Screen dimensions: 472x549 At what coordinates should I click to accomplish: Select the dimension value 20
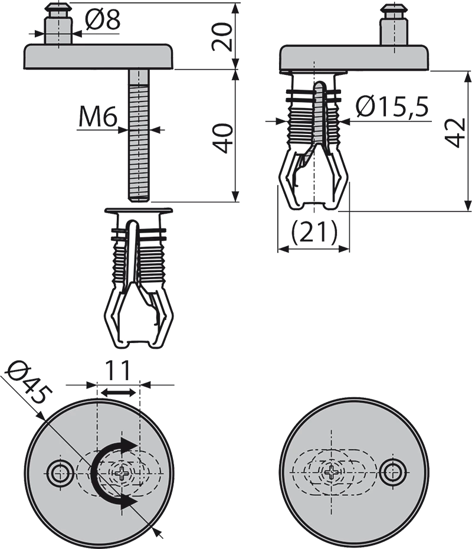point(223,37)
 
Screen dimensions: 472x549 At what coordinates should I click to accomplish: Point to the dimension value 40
point(223,138)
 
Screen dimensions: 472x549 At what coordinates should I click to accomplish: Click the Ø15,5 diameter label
point(392,107)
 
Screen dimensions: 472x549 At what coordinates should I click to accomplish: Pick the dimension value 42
point(455,133)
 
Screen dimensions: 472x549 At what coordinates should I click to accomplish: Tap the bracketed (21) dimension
point(314,232)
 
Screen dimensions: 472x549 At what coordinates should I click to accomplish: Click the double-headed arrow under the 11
point(117,393)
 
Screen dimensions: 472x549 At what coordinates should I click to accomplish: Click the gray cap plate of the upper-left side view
point(100,56)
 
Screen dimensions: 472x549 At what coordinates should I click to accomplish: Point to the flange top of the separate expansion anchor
point(139,210)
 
